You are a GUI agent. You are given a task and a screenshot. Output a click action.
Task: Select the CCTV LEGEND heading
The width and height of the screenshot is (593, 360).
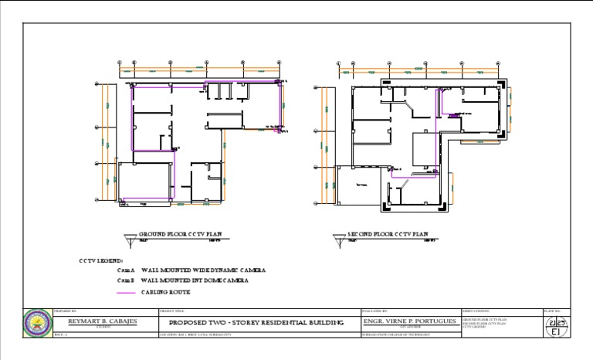101,260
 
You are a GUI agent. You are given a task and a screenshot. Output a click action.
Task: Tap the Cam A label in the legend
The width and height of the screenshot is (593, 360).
126,270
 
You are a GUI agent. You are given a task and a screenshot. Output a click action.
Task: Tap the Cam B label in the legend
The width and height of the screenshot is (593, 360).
126,281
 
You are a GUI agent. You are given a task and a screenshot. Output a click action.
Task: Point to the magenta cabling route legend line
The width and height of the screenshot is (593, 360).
126,293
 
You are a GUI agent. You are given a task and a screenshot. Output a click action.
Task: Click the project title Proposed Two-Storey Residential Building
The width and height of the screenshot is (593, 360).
256,322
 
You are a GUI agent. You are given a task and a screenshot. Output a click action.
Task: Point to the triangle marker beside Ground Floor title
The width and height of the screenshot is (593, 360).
129,239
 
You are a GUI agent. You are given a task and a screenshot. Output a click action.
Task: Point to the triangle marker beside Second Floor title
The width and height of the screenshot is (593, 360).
338,239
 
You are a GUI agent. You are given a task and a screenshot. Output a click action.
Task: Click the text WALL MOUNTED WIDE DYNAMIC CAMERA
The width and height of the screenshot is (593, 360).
203,270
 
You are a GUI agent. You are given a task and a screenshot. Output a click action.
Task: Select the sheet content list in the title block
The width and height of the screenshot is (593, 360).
484,322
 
